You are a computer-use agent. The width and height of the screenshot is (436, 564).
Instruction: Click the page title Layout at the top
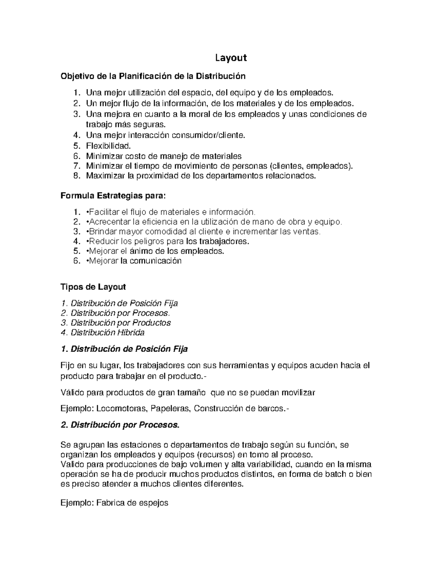click(231, 58)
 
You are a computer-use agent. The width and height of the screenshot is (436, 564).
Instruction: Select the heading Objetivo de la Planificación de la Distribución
click(153, 76)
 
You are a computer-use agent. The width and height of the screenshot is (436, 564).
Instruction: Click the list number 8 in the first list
click(76, 176)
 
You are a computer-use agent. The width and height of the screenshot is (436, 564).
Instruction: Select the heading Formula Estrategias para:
click(113, 196)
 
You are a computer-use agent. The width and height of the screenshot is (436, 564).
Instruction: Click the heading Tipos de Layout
click(93, 287)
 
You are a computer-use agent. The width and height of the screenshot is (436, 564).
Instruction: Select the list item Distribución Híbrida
click(108, 333)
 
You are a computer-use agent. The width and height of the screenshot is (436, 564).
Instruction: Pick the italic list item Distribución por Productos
click(120, 323)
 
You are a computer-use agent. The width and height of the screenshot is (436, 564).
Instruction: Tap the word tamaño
click(191, 393)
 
